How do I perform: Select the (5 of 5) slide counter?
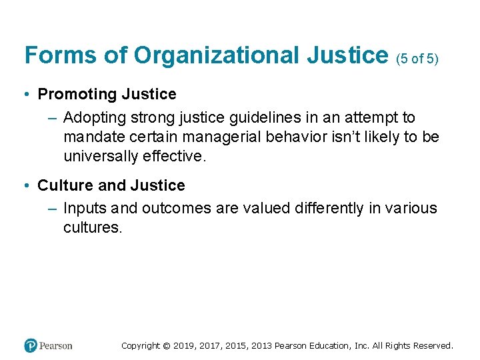pyautogui.click(x=417, y=59)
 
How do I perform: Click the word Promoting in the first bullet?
pyautogui.click(x=77, y=94)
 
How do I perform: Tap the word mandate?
pyautogui.click(x=95, y=137)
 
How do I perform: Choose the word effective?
pyautogui.click(x=175, y=156)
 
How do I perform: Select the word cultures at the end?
pyautogui.click(x=93, y=227)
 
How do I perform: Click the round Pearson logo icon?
pyautogui.click(x=30, y=346)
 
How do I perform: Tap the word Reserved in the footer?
pyautogui.click(x=433, y=346)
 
